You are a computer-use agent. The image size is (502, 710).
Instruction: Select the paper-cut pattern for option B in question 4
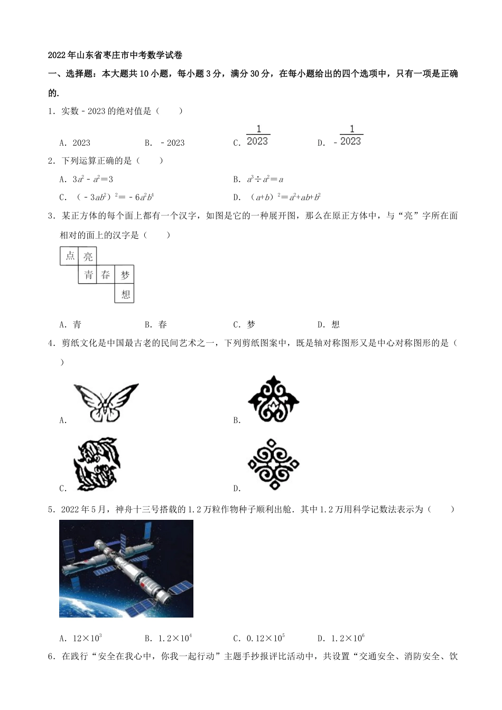(273, 399)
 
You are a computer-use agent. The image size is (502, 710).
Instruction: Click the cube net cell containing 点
(70, 256)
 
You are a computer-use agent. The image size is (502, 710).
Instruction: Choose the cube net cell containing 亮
(88, 256)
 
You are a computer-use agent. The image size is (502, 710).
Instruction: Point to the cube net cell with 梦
(125, 275)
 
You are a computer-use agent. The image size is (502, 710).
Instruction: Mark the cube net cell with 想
(125, 294)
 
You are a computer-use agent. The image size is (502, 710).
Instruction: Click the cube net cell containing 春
(106, 275)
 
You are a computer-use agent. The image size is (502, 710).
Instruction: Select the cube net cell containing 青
(88, 275)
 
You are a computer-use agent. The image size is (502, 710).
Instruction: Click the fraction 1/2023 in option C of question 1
(257, 136)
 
